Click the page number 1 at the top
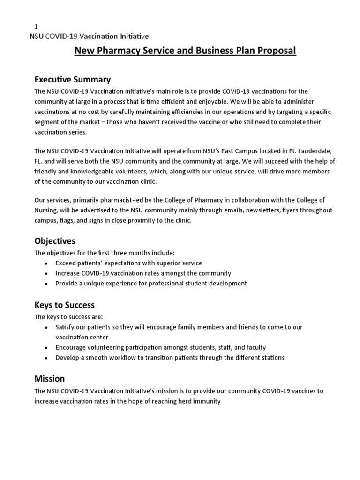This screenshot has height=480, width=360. click(x=37, y=26)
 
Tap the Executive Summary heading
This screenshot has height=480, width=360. click(x=73, y=79)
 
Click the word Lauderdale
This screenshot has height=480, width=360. click(x=314, y=151)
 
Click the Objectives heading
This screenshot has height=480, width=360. click(x=55, y=241)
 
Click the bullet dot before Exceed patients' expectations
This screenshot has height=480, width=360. click(x=45, y=263)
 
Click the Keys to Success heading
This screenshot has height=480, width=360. click(x=65, y=305)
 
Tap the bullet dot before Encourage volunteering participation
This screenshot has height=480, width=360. click(x=45, y=348)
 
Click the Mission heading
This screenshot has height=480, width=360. click(x=50, y=378)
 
